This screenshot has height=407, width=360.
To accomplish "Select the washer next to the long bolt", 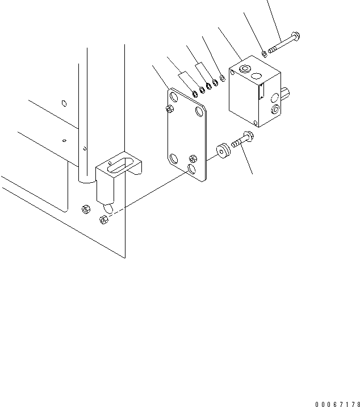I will [265, 54].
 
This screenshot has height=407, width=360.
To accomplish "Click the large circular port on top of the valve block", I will [245, 70].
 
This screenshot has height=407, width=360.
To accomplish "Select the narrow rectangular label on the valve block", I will [261, 90].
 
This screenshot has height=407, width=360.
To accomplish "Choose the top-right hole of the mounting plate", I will [198, 110].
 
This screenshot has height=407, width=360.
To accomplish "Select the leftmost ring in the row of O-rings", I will [194, 93].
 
